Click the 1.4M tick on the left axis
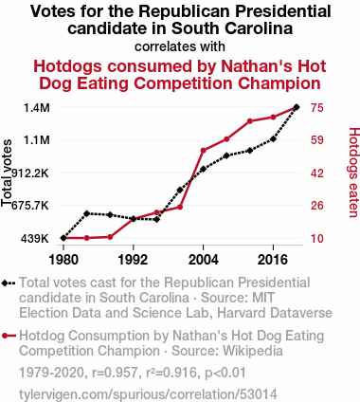click(37, 108)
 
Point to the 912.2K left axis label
click(30, 174)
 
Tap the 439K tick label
click(35, 239)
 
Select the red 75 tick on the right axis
click(316, 108)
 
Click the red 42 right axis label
click(316, 174)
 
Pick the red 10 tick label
click(316, 239)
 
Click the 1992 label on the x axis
click(133, 260)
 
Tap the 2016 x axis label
click(273, 260)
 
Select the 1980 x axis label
click(63, 260)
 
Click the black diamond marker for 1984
click(87, 213)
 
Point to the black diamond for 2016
click(273, 138)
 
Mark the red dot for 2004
click(204, 151)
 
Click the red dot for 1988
click(110, 237)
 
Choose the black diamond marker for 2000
click(180, 190)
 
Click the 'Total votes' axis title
click(7, 174)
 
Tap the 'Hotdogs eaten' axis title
click(354, 173)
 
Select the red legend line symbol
click(9, 336)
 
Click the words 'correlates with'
click(180, 46)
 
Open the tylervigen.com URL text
click(148, 394)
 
